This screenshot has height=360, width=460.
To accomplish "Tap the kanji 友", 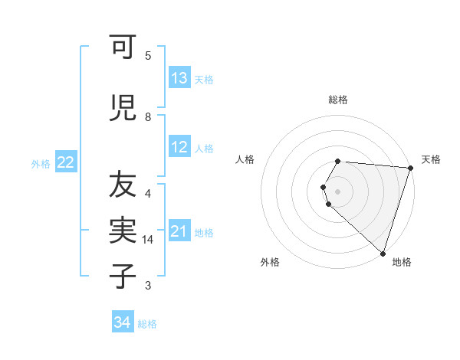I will pos(123,185).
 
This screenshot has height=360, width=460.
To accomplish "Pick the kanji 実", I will pos(123,230).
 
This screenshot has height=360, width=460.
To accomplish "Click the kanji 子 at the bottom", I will pos(123,276).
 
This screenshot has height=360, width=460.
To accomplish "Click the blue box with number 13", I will pos(179,78).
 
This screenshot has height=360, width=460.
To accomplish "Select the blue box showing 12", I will pos(179,147).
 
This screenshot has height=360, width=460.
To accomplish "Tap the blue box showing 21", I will pos(179,231).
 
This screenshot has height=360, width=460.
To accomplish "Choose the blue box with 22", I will pos(66,162).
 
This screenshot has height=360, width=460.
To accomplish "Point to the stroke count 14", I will pos(148,240).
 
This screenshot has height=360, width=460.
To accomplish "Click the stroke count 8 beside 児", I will pos(148,117).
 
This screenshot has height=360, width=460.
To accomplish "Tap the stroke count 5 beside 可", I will pos(148,56).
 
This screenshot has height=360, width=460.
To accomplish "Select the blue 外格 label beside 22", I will pos(41,162).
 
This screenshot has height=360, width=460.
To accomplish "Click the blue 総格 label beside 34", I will pos(147,324).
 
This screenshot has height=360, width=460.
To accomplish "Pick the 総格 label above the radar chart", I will pos(338,100).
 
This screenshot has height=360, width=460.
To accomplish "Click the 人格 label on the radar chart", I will pos(245,159).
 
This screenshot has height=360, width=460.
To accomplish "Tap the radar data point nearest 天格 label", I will pos(410,169).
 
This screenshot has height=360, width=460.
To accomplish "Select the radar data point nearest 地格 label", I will pos(383,253).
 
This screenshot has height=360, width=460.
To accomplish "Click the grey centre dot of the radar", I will pos(338,190).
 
